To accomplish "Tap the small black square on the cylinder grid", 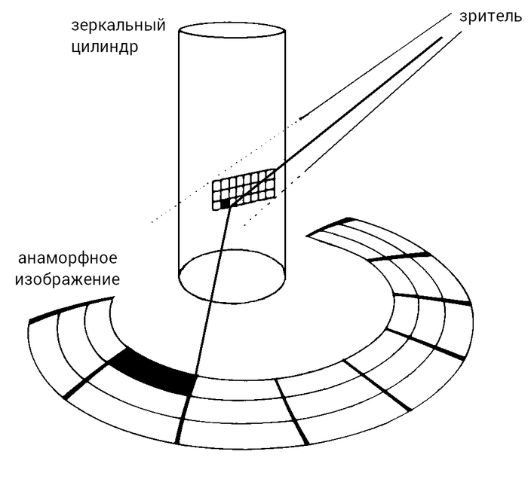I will (225, 202).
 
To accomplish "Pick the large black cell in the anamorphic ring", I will (155, 371).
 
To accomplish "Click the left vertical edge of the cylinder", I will (179, 151).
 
